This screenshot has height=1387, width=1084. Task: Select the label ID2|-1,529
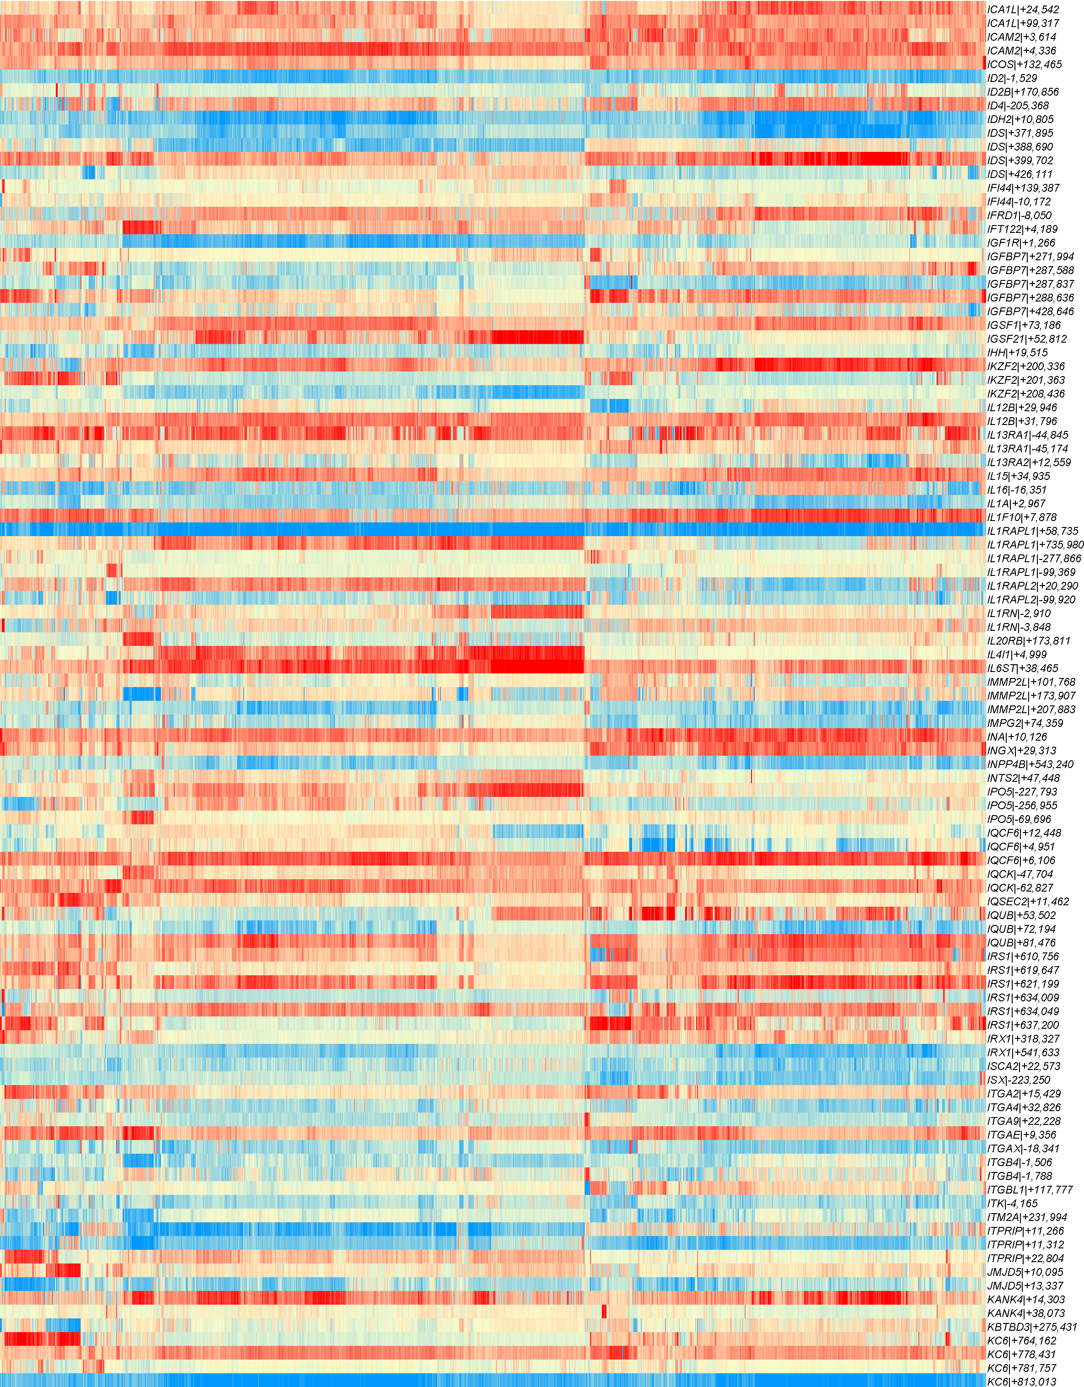point(1012,78)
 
